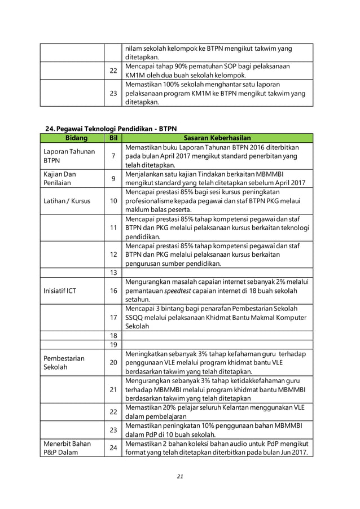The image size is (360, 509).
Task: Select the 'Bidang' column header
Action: click(x=72, y=137)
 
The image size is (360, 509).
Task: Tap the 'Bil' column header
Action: click(x=113, y=137)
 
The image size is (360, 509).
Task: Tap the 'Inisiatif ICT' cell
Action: click(x=61, y=291)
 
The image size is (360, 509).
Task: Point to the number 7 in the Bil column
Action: click(x=113, y=156)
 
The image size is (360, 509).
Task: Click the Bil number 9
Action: click(x=113, y=179)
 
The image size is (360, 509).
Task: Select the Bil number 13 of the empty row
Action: click(x=113, y=273)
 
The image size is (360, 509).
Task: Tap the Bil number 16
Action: click(x=113, y=291)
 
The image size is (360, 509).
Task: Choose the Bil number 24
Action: click(x=113, y=448)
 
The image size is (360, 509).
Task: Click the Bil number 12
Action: click(x=113, y=255)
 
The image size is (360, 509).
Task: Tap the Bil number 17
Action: click(x=113, y=318)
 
